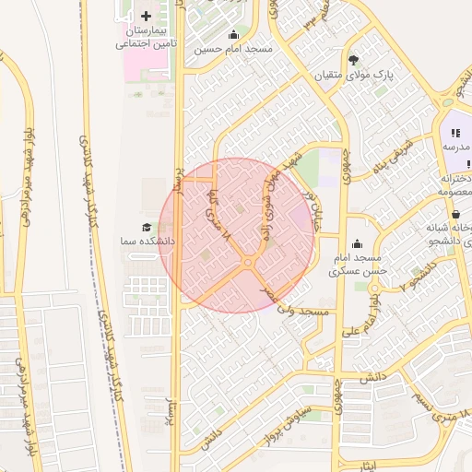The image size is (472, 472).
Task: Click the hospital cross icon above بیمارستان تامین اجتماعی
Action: click(147, 16)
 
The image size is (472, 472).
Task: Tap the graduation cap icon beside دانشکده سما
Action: click(147, 227)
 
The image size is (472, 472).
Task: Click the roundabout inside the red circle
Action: click(248, 265)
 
